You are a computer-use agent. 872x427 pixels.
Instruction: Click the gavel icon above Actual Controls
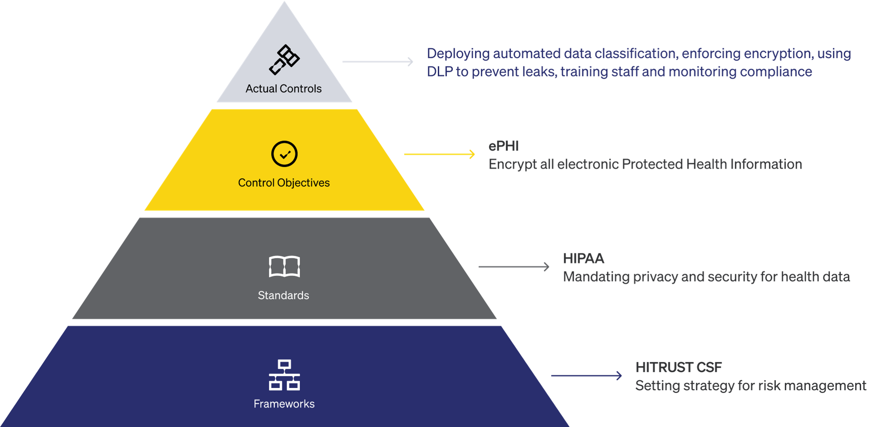pyautogui.click(x=284, y=60)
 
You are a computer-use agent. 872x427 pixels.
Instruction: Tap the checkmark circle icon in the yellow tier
pyautogui.click(x=284, y=154)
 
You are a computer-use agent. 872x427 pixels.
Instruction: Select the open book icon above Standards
pyautogui.click(x=284, y=267)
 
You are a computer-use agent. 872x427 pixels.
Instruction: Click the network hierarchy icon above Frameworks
pyautogui.click(x=284, y=375)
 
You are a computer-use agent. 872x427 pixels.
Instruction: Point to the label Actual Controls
pyautogui.click(x=283, y=89)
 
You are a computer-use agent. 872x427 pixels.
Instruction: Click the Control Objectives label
pyautogui.click(x=284, y=183)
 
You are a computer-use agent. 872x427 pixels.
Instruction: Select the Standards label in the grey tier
pyautogui.click(x=283, y=295)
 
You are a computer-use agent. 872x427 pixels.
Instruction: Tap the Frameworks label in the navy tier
pyautogui.click(x=284, y=404)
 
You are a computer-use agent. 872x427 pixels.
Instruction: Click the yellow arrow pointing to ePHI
pyautogui.click(x=439, y=154)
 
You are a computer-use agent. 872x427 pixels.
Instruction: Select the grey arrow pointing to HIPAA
pyautogui.click(x=514, y=267)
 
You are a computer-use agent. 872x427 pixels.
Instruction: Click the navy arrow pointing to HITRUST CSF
pyautogui.click(x=586, y=376)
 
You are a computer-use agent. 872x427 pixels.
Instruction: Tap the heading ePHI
pyautogui.click(x=504, y=146)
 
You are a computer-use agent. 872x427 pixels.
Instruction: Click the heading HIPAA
pyautogui.click(x=584, y=259)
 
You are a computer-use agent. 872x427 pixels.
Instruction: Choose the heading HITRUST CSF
pyautogui.click(x=679, y=367)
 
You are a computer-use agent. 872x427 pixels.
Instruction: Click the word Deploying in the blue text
pyautogui.click(x=458, y=54)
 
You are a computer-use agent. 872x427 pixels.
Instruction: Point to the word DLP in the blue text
pyautogui.click(x=439, y=72)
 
